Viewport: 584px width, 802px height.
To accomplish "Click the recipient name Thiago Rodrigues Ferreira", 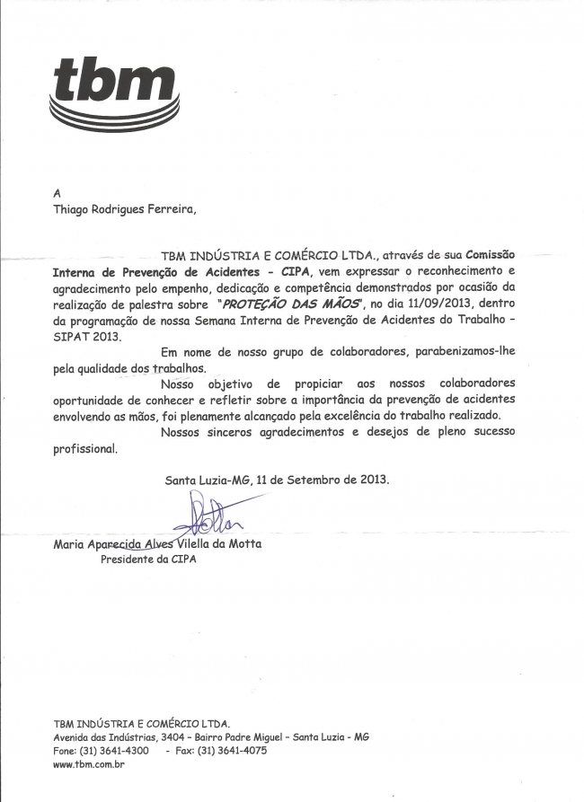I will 124,211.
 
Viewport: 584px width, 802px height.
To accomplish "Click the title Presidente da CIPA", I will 148,560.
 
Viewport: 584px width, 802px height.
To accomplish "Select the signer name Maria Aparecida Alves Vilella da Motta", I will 158,543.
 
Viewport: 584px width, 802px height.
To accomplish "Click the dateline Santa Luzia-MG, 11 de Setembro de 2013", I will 277,480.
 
